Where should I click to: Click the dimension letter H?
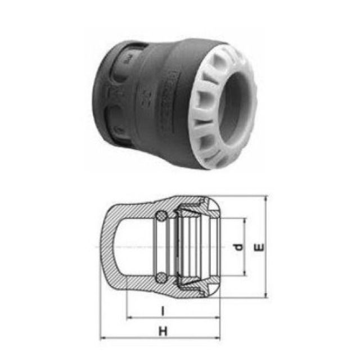pyautogui.click(x=163, y=332)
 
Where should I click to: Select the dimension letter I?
pyautogui.click(x=162, y=311)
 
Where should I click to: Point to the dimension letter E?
pyautogui.click(x=258, y=247)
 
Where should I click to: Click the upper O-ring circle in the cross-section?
pyautogui.click(x=162, y=215)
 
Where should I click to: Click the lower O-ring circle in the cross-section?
pyautogui.click(x=162, y=277)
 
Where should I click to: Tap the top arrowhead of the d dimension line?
pyautogui.click(x=245, y=220)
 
